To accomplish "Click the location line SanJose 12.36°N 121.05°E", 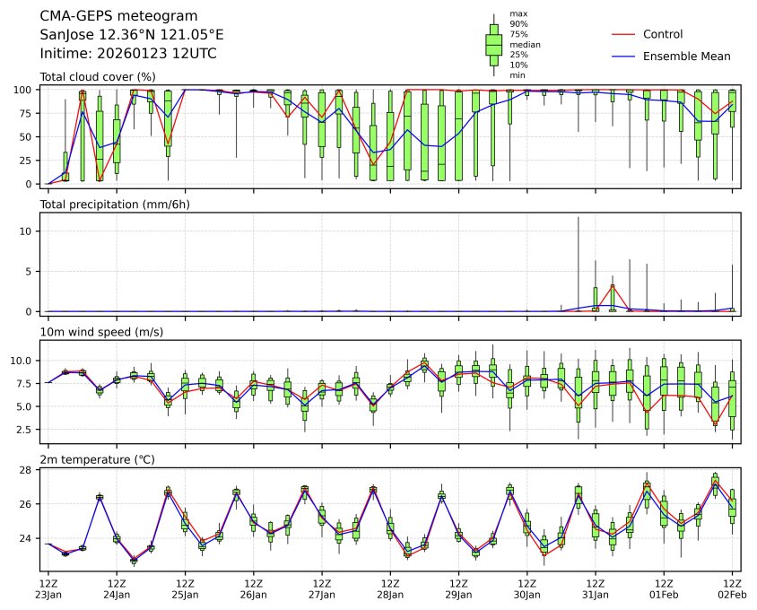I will [132, 35].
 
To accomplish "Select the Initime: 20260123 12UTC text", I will [128, 54].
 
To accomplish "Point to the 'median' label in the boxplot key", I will [525, 44].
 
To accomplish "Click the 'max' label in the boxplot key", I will [518, 13].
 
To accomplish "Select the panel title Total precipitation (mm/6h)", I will [120, 205].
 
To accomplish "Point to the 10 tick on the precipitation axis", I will [27, 231].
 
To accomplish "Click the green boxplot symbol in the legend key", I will [493, 44].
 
